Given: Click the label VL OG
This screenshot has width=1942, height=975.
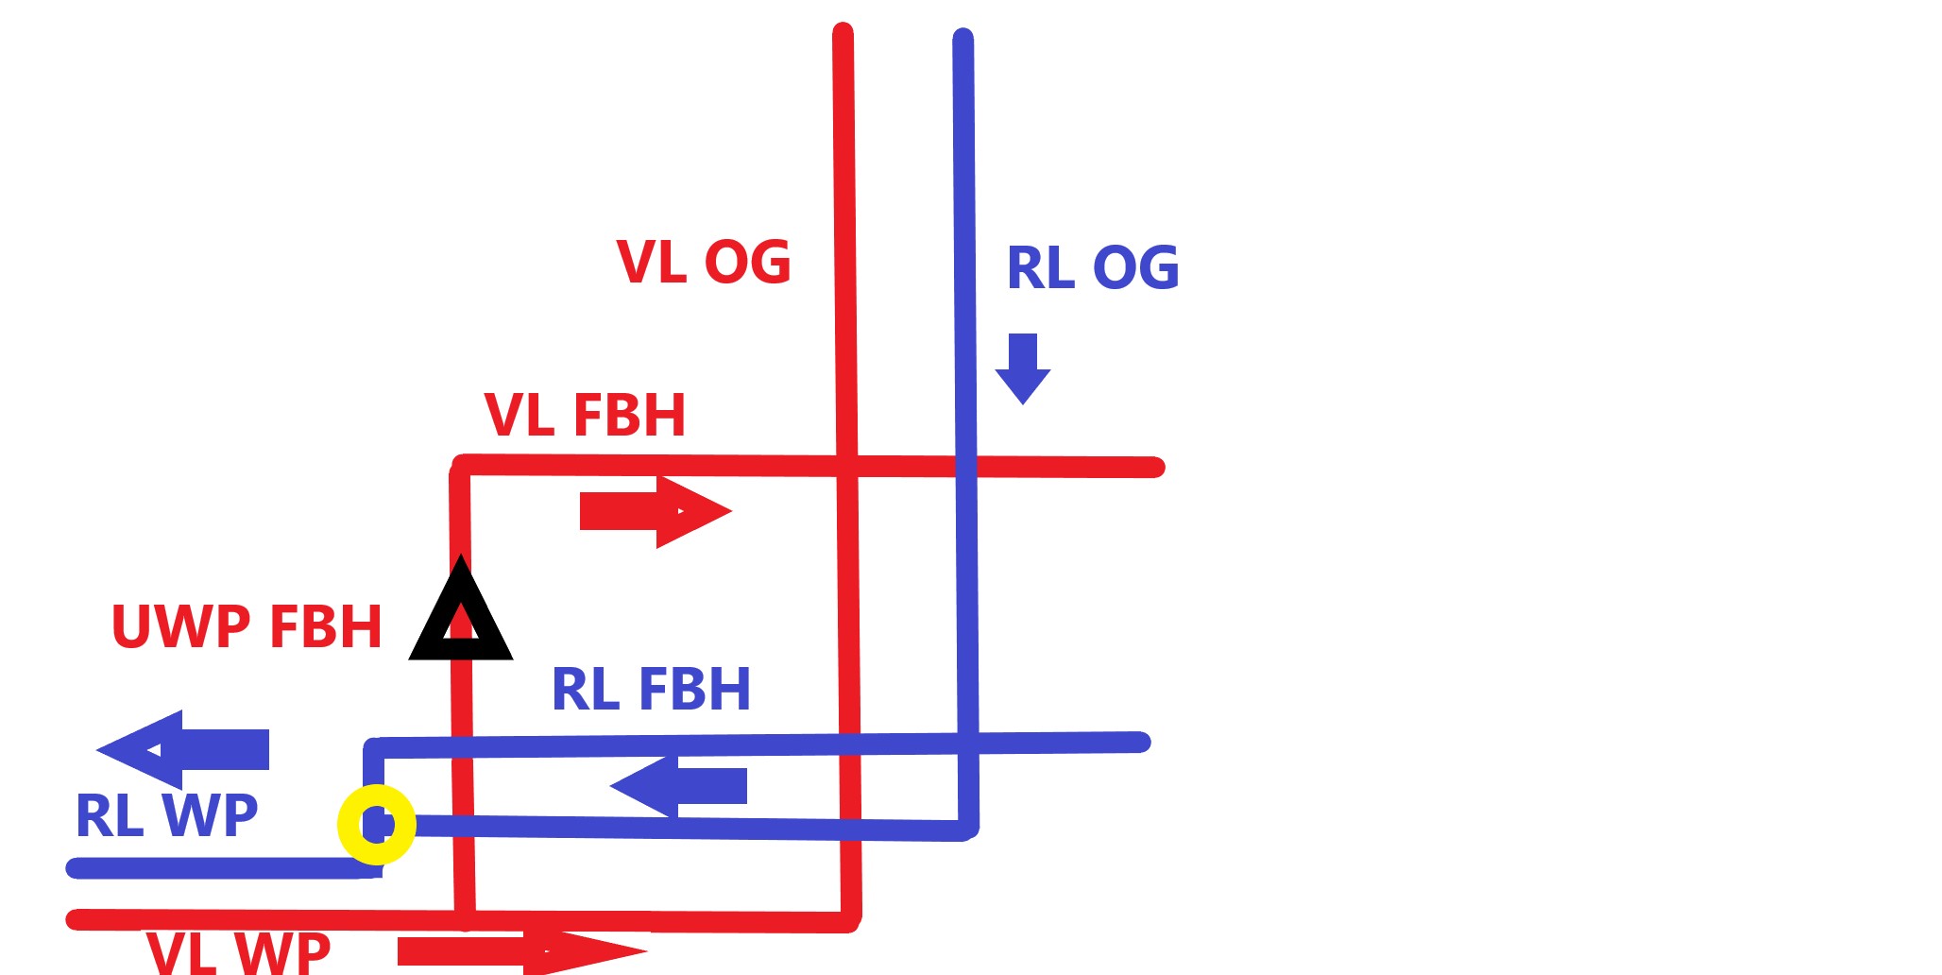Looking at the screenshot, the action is pos(704,262).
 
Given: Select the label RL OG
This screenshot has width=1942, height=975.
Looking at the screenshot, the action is pos(1093,267).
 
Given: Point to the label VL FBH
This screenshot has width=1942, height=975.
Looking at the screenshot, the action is pos(585,415).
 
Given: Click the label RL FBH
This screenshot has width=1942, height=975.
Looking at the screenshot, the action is pos(651,689).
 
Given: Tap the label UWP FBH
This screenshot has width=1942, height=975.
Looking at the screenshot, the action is pos(247,626).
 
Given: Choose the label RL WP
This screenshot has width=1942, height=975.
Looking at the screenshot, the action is pos(166,815).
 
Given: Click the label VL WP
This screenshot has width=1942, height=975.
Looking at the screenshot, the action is pos(238,952).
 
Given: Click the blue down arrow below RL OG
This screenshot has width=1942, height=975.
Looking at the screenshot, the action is pos(1023,368).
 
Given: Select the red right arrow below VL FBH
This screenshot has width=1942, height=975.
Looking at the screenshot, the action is pos(656,511).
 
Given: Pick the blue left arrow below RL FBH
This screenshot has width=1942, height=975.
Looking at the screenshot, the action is pos(678,786).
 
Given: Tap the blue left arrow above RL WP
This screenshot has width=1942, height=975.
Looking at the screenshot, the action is pos(182,749).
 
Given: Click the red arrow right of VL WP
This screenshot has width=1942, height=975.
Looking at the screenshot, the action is pos(522,951).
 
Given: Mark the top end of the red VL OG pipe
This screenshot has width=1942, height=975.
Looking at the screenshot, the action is pos(843,31).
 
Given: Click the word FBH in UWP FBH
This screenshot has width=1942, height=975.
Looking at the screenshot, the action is pos(325,626).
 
